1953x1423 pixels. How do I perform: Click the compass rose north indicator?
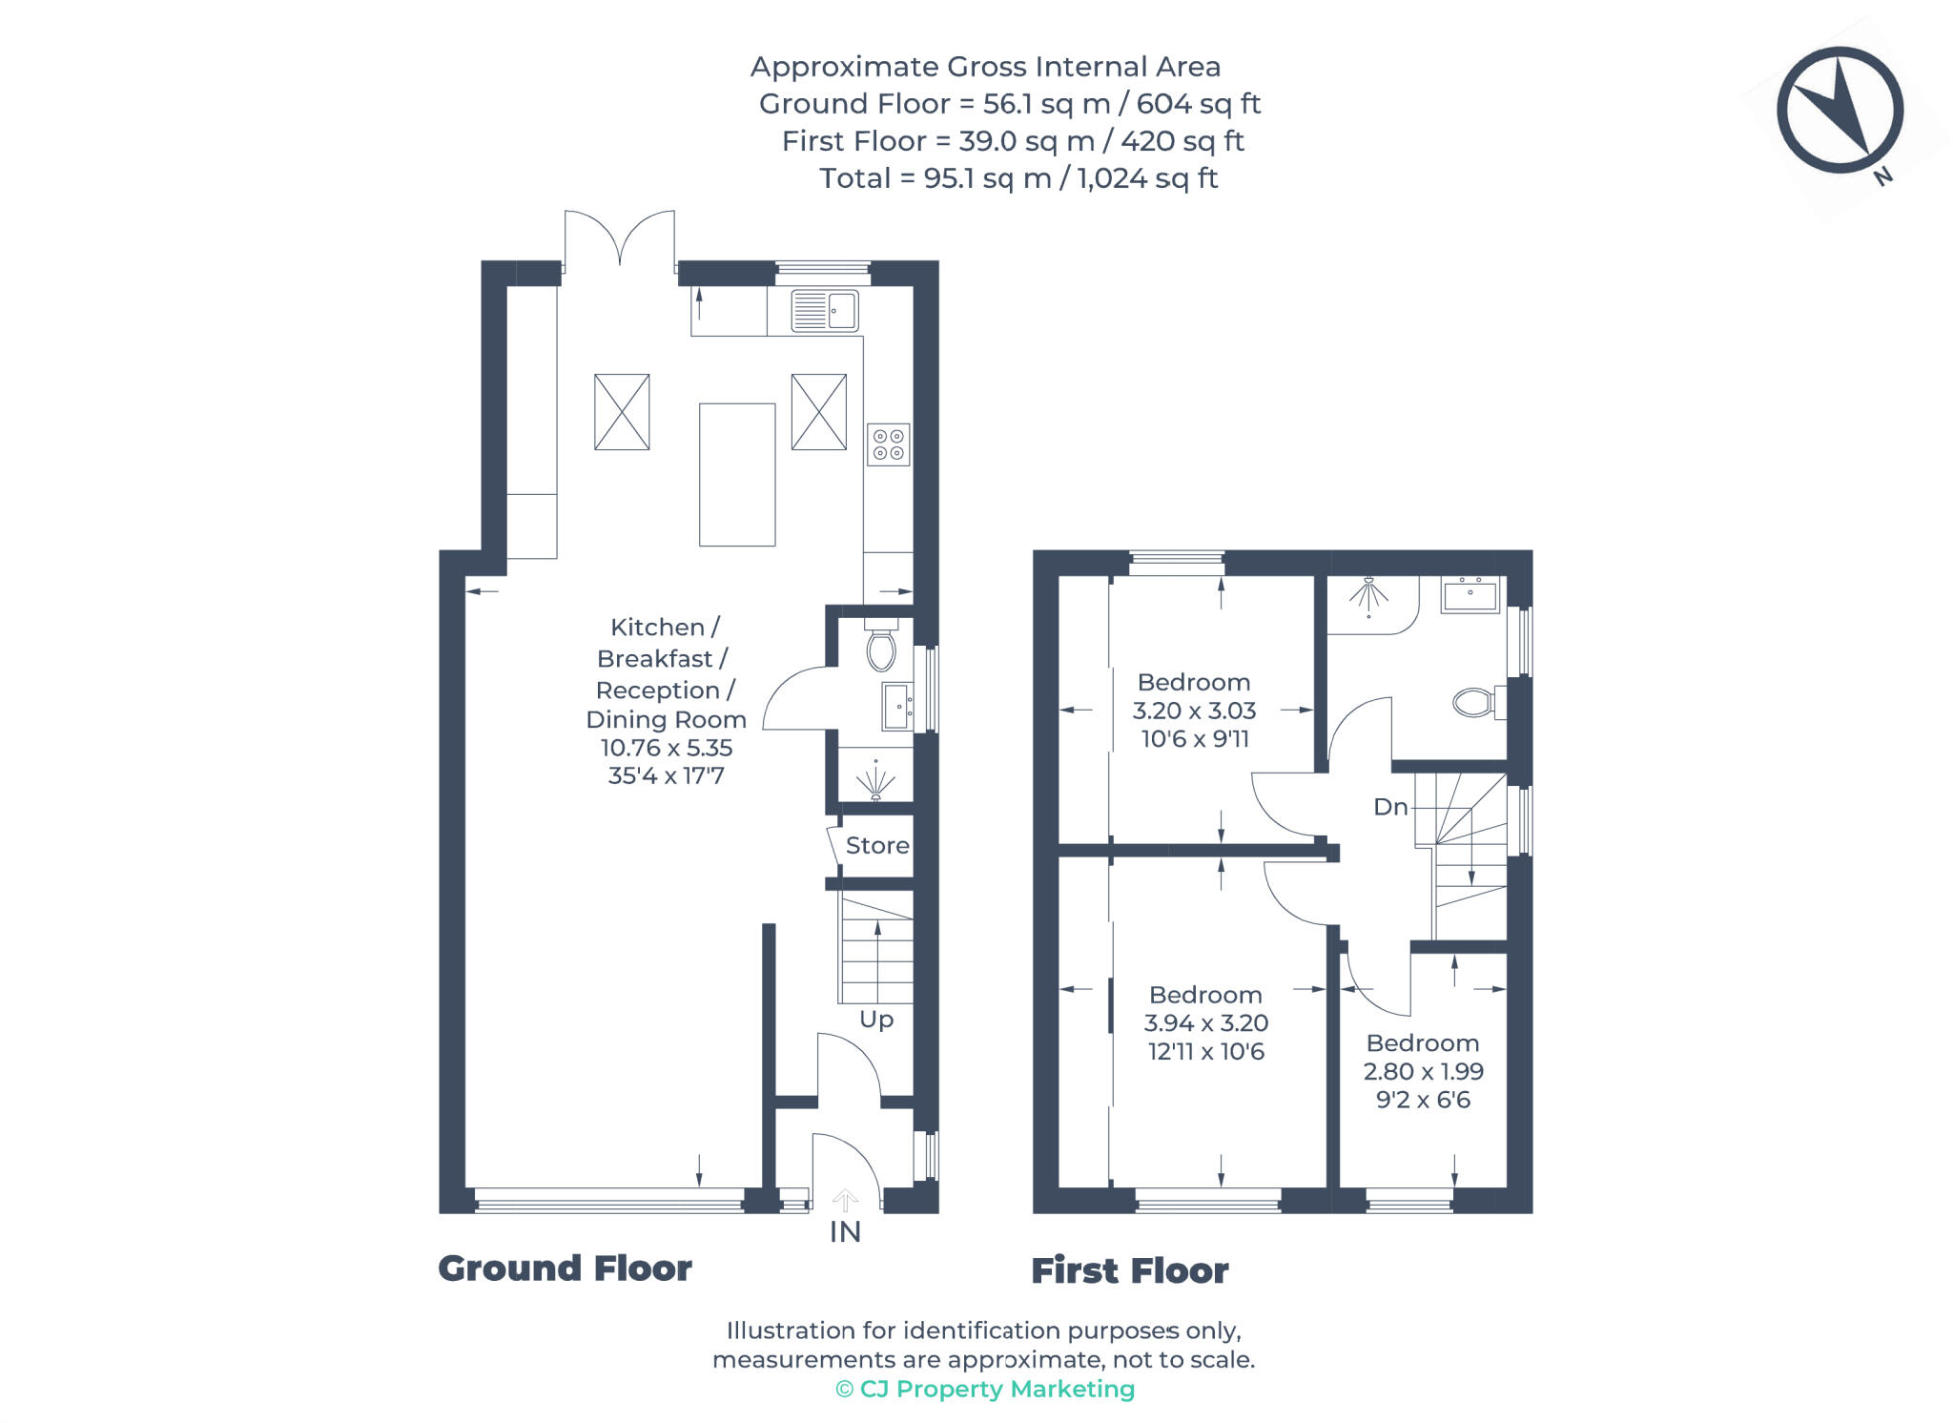1840,111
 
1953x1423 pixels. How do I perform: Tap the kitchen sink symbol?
824,311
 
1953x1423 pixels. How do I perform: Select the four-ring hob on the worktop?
888,444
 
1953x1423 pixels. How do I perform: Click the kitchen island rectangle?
736,474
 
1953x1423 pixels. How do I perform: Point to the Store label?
876,846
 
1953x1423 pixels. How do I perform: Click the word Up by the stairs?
876,1020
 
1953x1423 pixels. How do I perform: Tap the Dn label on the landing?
1390,807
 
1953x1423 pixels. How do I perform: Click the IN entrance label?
845,1232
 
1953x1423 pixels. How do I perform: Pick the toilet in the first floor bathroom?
1475,703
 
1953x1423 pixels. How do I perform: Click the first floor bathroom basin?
1470,595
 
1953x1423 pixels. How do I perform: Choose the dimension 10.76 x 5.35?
666,748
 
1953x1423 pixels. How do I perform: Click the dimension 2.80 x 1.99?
1423,1071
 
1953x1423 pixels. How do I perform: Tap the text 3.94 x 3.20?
1205,1023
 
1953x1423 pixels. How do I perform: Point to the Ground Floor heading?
565,1268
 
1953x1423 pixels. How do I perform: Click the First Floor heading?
1129,1270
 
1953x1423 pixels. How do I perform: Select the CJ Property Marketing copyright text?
985,1389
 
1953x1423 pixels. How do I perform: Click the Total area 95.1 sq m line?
1018,178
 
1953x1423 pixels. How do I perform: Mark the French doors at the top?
620,238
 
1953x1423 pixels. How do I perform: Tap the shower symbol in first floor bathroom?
1368,595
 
